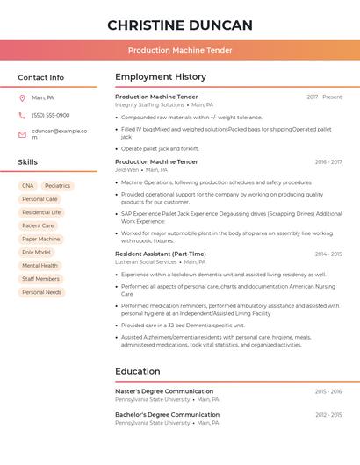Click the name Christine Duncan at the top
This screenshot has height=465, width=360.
pyautogui.click(x=180, y=25)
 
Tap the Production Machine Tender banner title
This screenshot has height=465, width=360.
pyautogui.click(x=180, y=50)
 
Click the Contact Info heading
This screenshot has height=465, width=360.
pyautogui.click(x=41, y=77)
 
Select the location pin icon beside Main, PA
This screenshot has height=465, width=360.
pyautogui.click(x=22, y=97)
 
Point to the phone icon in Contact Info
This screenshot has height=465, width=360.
pyautogui.click(x=22, y=115)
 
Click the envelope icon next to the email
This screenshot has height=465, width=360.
pyautogui.click(x=22, y=133)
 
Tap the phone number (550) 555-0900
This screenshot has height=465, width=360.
pyautogui.click(x=51, y=115)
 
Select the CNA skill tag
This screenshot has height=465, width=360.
pyautogui.click(x=28, y=186)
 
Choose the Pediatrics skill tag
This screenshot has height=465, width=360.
pyautogui.click(x=57, y=186)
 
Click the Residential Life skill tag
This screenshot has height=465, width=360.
pyautogui.click(x=41, y=212)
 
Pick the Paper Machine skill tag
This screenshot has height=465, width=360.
pyautogui.click(x=41, y=239)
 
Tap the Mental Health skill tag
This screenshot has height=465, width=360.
pyautogui.click(x=40, y=265)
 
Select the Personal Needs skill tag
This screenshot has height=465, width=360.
pyautogui.click(x=41, y=292)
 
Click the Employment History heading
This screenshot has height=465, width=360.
pyautogui.click(x=161, y=77)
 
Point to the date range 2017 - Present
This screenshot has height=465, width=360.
pyautogui.click(x=324, y=97)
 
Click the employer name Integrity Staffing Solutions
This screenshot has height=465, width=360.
pyautogui.click(x=150, y=105)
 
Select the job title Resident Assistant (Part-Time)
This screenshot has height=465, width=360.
pyautogui.click(x=161, y=254)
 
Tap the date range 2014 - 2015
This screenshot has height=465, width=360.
pyautogui.click(x=328, y=254)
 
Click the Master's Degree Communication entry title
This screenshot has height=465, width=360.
pyautogui.click(x=164, y=391)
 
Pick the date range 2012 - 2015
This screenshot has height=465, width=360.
pyautogui.click(x=328, y=414)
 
